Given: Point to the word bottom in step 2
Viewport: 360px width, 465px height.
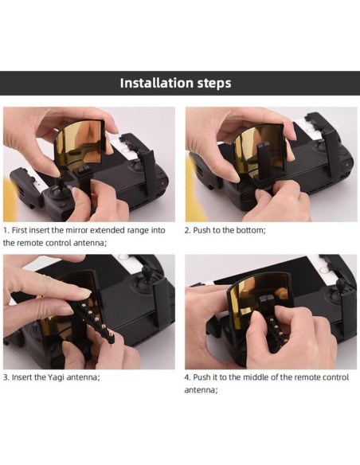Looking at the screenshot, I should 248,229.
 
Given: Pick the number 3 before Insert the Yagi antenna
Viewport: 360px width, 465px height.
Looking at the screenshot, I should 6,377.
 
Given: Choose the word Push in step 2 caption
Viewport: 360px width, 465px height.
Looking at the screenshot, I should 205,229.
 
